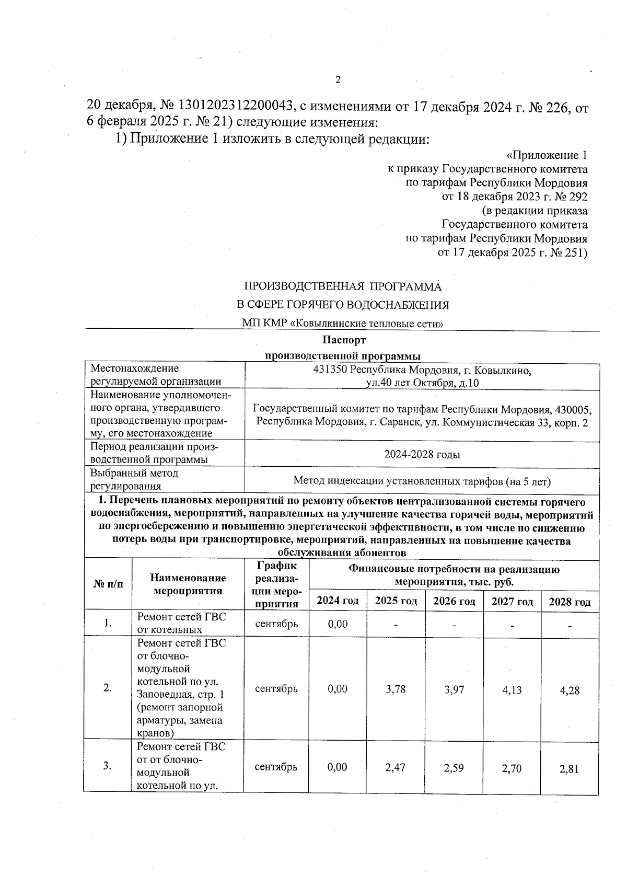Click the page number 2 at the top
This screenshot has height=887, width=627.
338,79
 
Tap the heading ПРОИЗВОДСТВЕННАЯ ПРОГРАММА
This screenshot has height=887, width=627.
343,286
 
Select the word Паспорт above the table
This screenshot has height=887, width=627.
343,340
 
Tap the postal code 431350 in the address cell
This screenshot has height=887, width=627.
330,371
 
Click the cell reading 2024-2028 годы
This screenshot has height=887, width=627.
422,454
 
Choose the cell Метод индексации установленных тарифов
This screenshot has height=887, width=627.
422,481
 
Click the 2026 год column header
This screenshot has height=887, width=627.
454,601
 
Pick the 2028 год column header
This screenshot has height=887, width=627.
570,602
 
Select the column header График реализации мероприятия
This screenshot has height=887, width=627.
276,584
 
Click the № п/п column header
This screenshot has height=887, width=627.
108,584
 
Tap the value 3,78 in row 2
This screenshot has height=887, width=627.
396,689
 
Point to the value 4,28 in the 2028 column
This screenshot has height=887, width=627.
570,690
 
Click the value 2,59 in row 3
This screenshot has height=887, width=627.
454,767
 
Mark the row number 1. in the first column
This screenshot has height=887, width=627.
108,623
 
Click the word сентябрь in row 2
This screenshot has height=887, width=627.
276,688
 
